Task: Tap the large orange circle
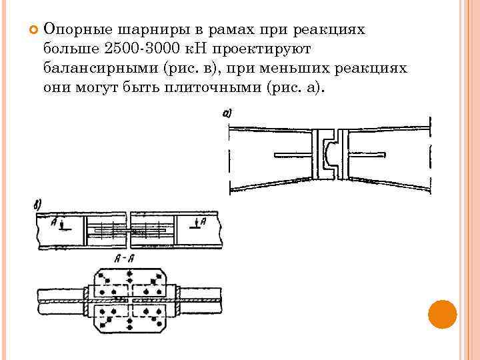click(x=441, y=314)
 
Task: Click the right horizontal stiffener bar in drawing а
click(x=368, y=156)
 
